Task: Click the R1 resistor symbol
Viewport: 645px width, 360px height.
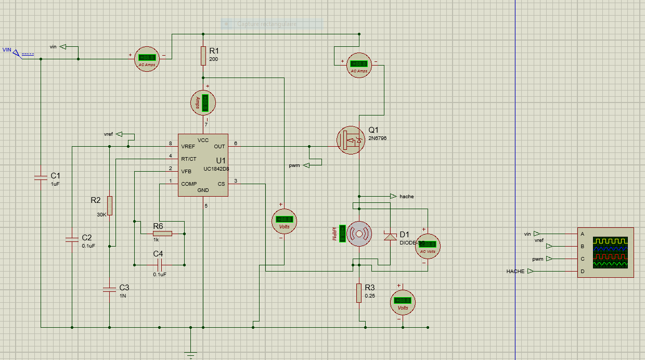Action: click(203, 56)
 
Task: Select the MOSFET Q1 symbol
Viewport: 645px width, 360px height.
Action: click(351, 140)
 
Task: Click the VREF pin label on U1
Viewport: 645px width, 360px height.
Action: click(188, 147)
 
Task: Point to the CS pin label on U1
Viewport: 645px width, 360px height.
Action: click(221, 184)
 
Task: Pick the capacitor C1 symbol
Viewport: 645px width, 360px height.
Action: click(41, 177)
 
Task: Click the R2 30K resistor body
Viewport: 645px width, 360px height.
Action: click(110, 206)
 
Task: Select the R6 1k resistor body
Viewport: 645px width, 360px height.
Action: click(162, 234)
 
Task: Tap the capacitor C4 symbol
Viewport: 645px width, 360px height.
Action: click(160, 265)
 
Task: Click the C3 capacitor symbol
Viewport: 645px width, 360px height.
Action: click(110, 289)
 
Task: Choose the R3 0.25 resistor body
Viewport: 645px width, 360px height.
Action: click(359, 293)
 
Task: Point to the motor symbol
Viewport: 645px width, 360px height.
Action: click(359, 234)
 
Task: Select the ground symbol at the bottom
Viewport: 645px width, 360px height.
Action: click(191, 355)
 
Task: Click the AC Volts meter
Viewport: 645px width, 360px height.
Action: click(428, 246)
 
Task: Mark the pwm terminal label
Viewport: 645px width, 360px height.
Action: click(294, 165)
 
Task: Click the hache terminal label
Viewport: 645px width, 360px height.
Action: click(406, 196)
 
